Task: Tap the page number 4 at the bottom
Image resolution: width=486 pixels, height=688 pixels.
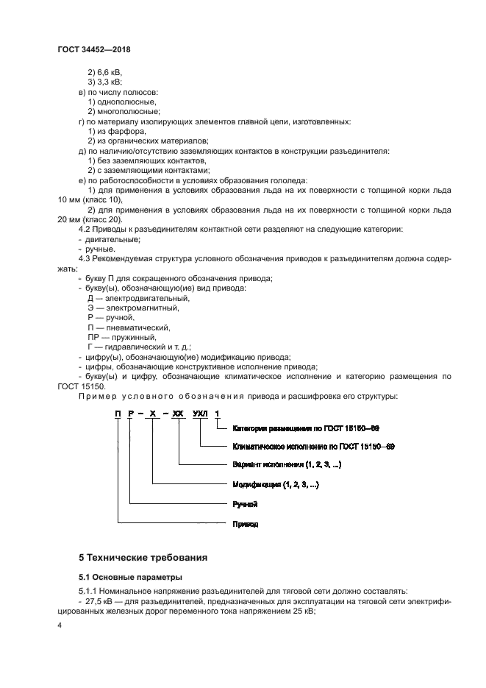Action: pyautogui.click(x=59, y=625)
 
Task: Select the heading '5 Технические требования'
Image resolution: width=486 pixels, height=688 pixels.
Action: pyautogui.click(x=143, y=557)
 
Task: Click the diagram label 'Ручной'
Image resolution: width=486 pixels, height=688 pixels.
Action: pyautogui.click(x=244, y=505)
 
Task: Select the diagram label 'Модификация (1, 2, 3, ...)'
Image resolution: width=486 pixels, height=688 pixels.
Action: pyautogui.click(x=276, y=485)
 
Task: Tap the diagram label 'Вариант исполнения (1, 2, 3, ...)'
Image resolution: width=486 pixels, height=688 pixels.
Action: pyautogui.click(x=287, y=465)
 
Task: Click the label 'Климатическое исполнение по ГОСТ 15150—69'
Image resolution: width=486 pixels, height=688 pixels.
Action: pyautogui.click(x=313, y=446)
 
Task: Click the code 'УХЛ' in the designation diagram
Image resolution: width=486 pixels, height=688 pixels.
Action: pyautogui.click(x=201, y=415)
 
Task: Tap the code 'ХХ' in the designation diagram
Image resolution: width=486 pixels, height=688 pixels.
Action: pyautogui.click(x=178, y=415)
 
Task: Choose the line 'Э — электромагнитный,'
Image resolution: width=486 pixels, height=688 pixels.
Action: pyautogui.click(x=133, y=308)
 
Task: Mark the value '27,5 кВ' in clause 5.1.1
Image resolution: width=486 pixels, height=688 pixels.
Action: pyautogui.click(x=96, y=600)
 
